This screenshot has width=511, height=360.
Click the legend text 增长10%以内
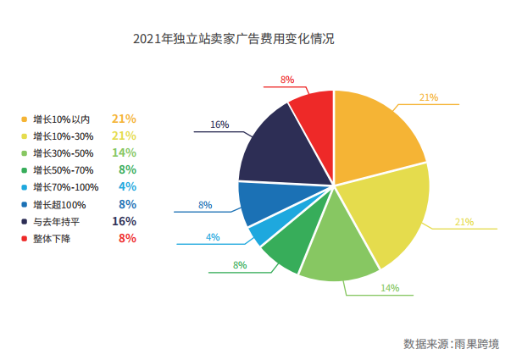61,119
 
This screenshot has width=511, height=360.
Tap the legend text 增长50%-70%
63,170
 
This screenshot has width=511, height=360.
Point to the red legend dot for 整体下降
24,239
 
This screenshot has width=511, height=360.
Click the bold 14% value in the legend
124,152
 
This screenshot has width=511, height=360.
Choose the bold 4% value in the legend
127,186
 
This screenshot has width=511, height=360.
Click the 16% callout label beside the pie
219,125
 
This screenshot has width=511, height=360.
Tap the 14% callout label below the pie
389,288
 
